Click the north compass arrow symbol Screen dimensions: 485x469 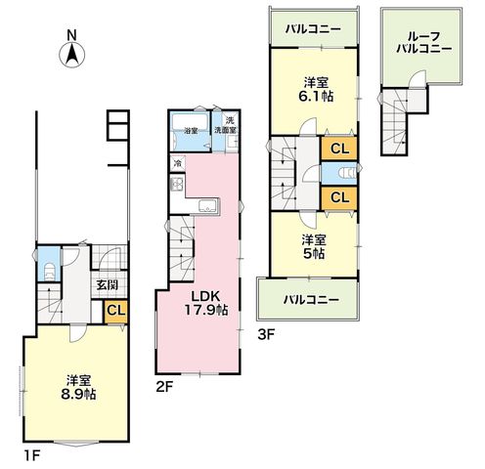coord(71,55)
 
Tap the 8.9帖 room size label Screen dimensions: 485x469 coord(78,395)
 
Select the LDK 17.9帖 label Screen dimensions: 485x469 coord(206,303)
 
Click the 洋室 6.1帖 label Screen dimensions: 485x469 coord(316,89)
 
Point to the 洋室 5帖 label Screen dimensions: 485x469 coord(314,247)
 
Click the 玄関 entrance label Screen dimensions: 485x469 coord(108,285)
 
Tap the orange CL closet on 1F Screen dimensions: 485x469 coord(115,312)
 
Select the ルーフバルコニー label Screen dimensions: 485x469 coord(424,42)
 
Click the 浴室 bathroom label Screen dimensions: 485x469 coord(191,131)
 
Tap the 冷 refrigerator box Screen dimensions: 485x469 coord(178,163)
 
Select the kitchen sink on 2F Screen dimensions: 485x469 coord(208,206)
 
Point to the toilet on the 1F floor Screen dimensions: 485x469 coord(49,273)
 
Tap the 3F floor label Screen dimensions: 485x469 coord(266,335)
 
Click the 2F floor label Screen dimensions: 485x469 coord(164,387)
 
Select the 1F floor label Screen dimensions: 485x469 coord(31,455)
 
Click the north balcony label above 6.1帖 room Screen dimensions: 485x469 coord(313,29)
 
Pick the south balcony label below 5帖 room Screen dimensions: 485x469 coord(311,300)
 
